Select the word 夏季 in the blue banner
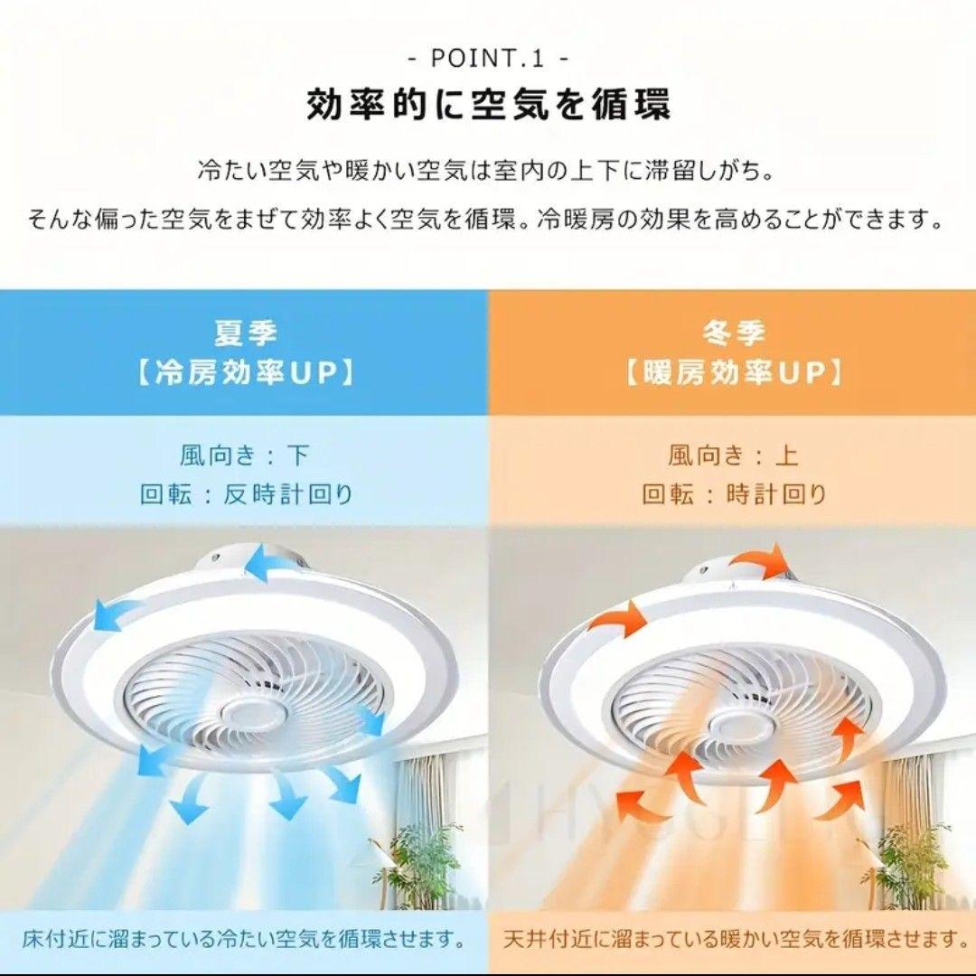[244, 333]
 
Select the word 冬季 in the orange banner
[733, 333]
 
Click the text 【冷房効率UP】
[244, 372]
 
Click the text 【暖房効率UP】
[733, 372]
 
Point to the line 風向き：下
[244, 455]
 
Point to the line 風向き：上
[733, 455]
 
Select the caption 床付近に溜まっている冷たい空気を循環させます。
[244, 938]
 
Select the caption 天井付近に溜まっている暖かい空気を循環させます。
[733, 938]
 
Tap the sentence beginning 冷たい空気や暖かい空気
[488, 170]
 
